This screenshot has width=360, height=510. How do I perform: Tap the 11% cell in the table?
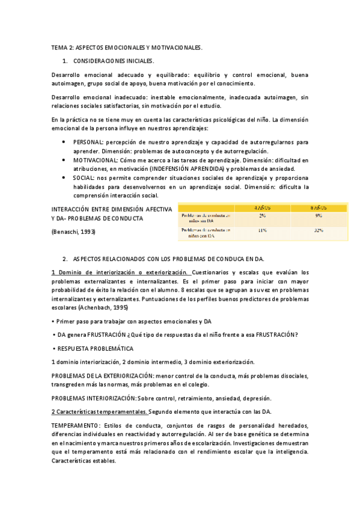263,230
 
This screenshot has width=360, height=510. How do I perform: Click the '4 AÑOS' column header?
263,207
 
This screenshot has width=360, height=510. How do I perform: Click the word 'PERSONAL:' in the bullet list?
88,142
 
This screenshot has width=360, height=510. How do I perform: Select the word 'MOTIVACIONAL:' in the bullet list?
95,161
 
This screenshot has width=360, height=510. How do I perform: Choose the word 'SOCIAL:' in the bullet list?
83,179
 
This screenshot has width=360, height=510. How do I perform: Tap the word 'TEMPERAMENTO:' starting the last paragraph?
77,425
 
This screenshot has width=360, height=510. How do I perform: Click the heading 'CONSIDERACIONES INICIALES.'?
113,61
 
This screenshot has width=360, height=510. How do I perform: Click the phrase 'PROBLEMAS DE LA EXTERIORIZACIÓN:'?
103,376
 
